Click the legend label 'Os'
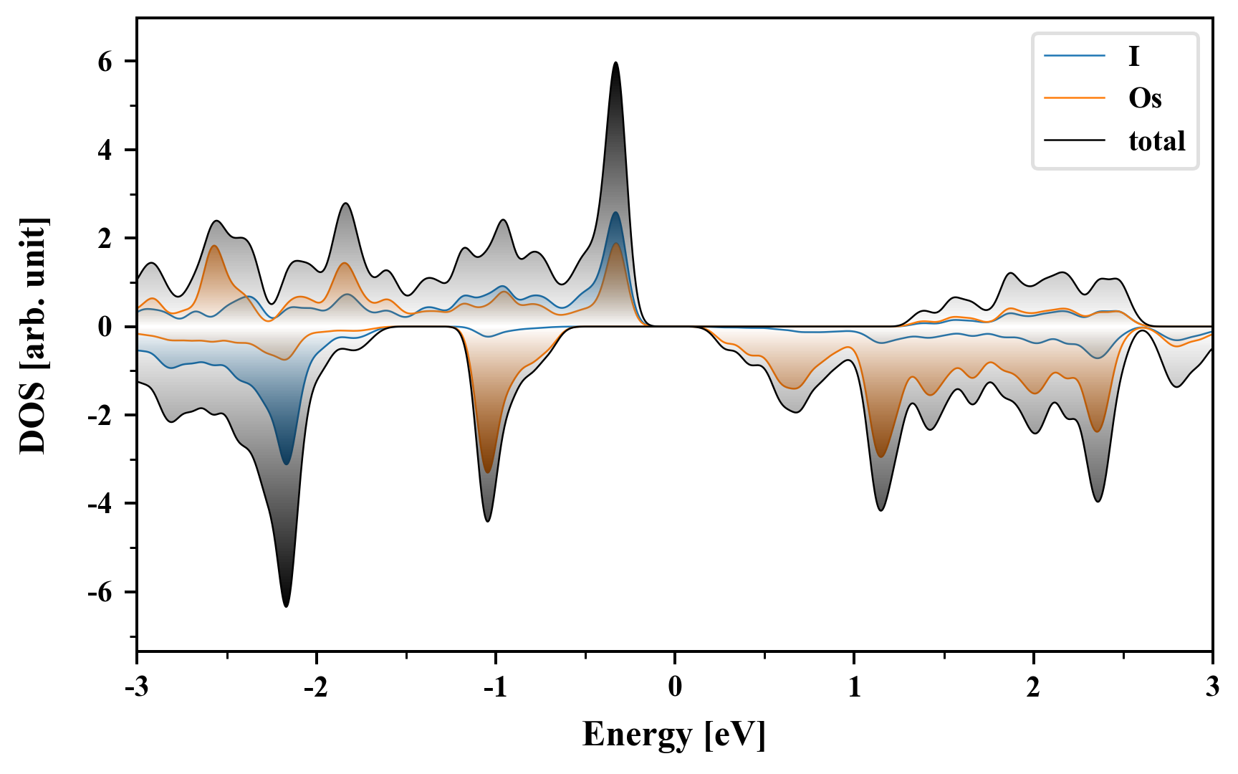1144,98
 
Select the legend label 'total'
1156,141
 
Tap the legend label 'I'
1133,56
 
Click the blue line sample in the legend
1074,56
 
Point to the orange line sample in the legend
1074,98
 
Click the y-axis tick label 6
105,62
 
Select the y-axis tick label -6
100,593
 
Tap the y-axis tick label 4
105,150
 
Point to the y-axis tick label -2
100,416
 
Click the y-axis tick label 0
105,328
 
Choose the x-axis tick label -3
136,687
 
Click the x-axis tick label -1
495,687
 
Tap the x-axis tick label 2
1033,687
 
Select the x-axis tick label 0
675,687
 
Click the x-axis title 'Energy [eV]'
674,735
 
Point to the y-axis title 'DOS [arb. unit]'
33,335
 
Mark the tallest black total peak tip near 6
615,63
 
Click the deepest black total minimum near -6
286,606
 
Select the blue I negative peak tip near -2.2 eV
286,464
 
